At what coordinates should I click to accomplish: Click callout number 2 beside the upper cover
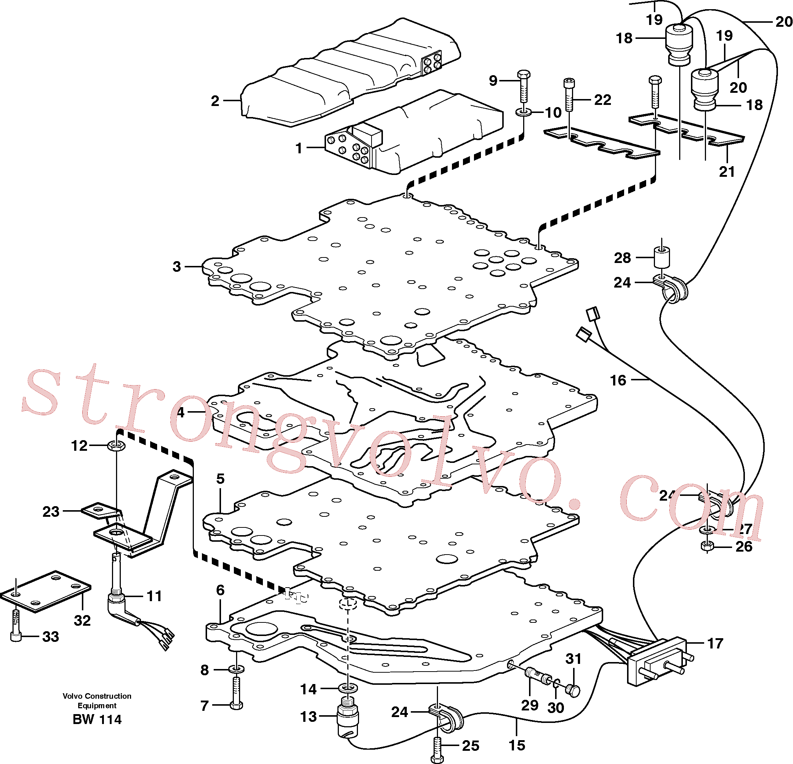[215, 100]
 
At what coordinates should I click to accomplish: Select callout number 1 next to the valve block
[299, 148]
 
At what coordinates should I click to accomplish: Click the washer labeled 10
[524, 112]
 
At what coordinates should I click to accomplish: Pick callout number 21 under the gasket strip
[727, 172]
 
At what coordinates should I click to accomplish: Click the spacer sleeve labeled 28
[662, 257]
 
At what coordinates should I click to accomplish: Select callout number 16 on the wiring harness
[618, 380]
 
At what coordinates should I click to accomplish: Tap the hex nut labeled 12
[116, 446]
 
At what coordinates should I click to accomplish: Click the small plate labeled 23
[98, 511]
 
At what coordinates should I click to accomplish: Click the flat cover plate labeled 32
[45, 591]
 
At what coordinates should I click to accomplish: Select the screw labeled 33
[15, 625]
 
